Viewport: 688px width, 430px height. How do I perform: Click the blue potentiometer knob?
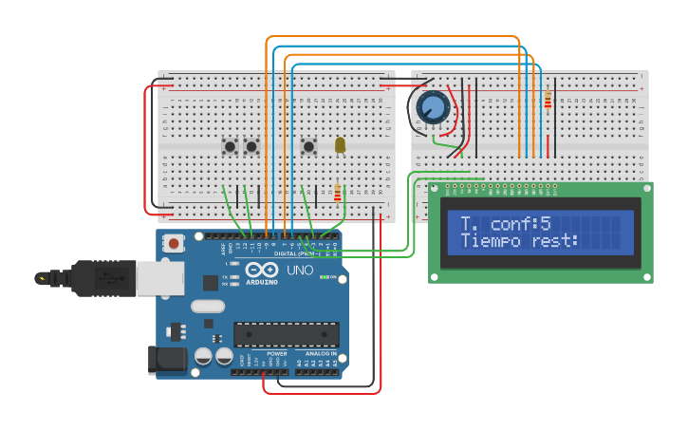click(433, 106)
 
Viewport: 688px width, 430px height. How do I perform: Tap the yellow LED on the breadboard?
click(340, 144)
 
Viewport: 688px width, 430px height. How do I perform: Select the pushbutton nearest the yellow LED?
click(308, 146)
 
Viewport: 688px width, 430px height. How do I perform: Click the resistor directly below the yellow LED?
click(337, 193)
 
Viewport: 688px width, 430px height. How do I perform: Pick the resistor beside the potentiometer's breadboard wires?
click(548, 99)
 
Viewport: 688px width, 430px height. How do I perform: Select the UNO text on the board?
click(300, 271)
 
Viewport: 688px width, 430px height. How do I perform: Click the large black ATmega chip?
click(286, 335)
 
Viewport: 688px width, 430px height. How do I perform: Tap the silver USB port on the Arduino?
click(159, 278)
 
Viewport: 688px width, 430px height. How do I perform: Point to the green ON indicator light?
click(323, 277)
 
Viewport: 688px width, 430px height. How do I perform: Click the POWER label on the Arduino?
click(276, 353)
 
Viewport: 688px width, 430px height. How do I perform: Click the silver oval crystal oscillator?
click(207, 307)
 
